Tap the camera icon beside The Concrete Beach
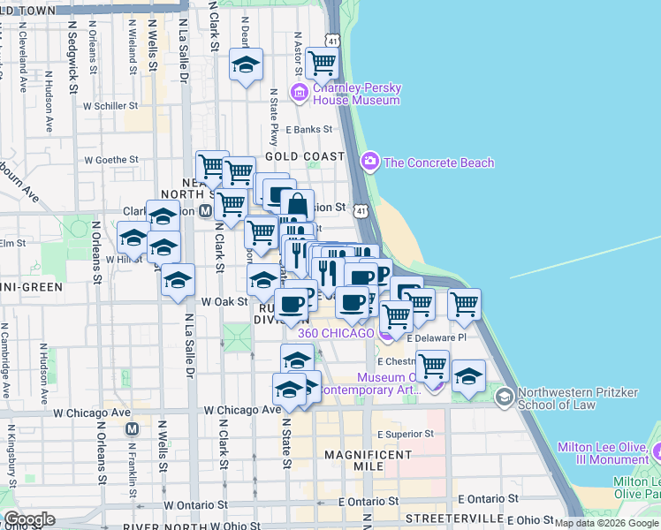click(370, 162)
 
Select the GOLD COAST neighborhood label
click(304, 156)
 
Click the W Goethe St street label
click(111, 160)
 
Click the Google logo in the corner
click(29, 519)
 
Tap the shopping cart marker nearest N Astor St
click(322, 62)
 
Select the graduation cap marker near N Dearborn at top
click(247, 64)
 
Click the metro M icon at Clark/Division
click(205, 211)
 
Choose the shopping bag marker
click(298, 205)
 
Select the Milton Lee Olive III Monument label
click(603, 453)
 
